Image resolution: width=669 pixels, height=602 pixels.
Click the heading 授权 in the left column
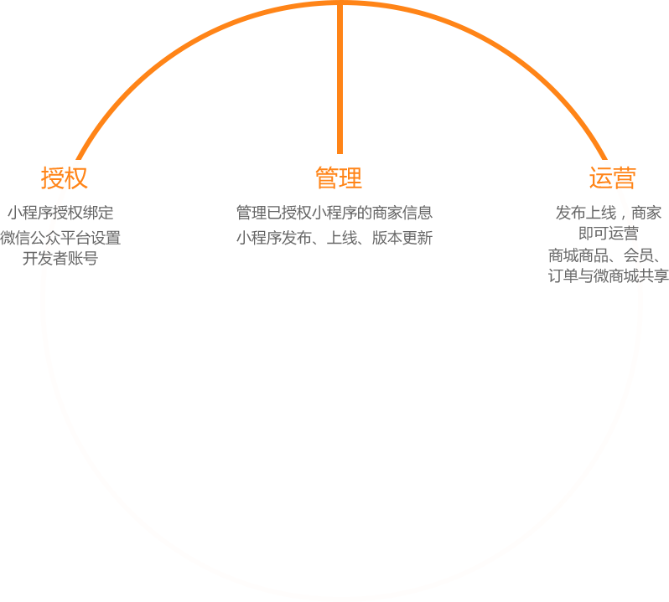click(66, 178)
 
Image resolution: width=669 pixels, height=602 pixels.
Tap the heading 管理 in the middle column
click(341, 178)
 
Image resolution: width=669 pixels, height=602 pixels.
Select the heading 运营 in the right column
click(609, 178)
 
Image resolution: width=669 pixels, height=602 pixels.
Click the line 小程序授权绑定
click(60, 213)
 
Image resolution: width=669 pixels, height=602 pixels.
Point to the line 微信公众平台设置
click(60, 238)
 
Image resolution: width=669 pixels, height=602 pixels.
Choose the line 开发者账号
click(60, 258)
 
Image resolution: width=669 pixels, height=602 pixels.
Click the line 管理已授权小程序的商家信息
click(334, 213)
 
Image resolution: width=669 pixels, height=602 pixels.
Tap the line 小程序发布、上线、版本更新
click(334, 238)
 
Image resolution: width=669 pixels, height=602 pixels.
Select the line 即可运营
click(609, 233)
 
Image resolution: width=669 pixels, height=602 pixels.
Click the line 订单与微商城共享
click(609, 275)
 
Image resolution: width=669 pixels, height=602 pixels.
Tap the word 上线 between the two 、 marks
click(341, 238)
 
